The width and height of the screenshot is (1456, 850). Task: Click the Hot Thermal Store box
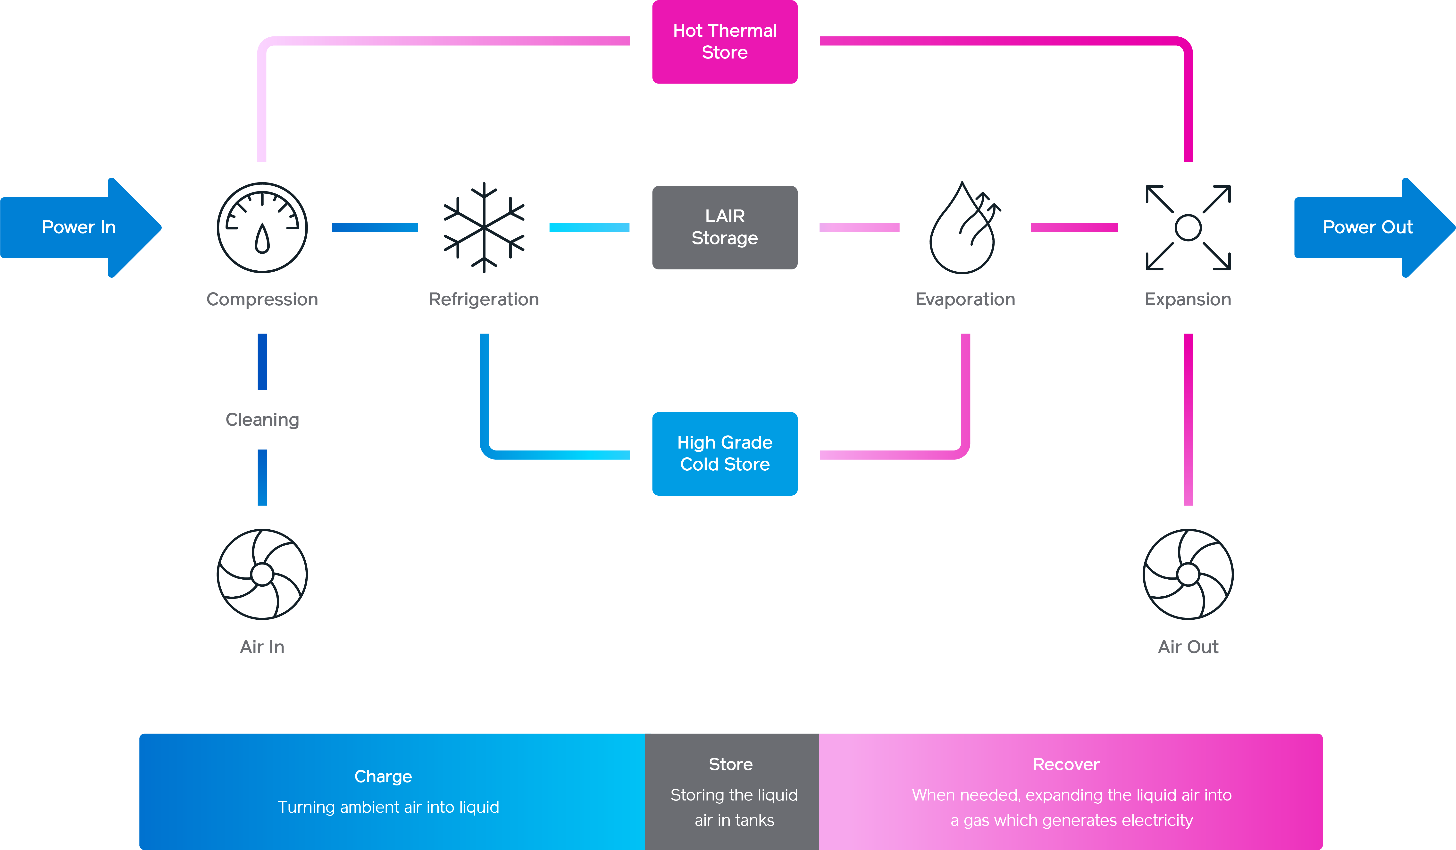pyautogui.click(x=725, y=42)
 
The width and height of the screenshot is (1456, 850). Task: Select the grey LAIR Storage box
pyautogui.click(x=725, y=227)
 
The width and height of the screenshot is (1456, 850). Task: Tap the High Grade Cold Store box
pyautogui.click(x=725, y=454)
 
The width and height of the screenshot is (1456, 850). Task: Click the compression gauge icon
pyautogui.click(x=262, y=228)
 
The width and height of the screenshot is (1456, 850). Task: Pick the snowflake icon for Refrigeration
pyautogui.click(x=484, y=228)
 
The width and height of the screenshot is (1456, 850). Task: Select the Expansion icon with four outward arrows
pyautogui.click(x=1188, y=228)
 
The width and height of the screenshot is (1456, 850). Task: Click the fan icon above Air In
pyautogui.click(x=262, y=574)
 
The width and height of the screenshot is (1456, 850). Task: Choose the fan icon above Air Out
pyautogui.click(x=1188, y=574)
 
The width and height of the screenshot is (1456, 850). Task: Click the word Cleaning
pyautogui.click(x=262, y=419)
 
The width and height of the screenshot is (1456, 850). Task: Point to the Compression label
pyautogui.click(x=262, y=299)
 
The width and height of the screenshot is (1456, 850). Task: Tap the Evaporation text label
pyautogui.click(x=965, y=299)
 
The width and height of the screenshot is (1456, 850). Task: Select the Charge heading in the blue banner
pyautogui.click(x=383, y=776)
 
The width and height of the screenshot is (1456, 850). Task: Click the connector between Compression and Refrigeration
pyautogui.click(x=375, y=228)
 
